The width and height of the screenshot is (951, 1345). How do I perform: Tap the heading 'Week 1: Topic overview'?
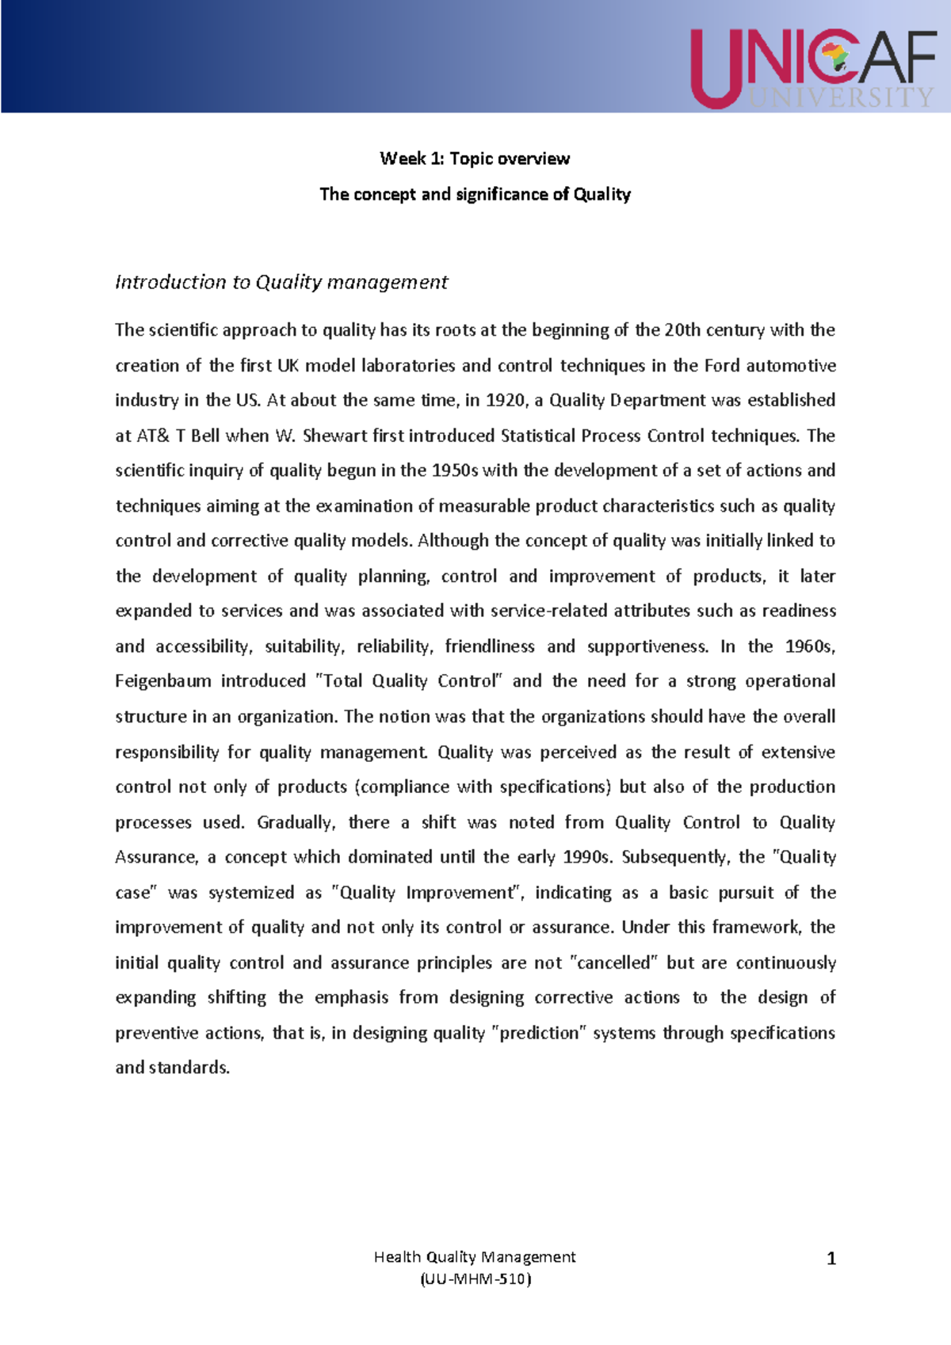pyautogui.click(x=475, y=158)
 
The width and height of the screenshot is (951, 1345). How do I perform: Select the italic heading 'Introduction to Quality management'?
pyautogui.click(x=281, y=282)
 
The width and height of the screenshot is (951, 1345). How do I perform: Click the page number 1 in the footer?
pyautogui.click(x=831, y=1259)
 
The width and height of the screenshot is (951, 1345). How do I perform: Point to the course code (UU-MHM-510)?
pyautogui.click(x=475, y=1278)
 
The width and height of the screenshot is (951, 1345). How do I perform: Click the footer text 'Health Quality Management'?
pyautogui.click(x=475, y=1256)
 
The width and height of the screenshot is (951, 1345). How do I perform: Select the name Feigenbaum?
pyautogui.click(x=163, y=681)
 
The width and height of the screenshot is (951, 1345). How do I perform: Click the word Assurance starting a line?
pyautogui.click(x=155, y=857)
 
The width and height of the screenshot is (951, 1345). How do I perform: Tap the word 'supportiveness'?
pyautogui.click(x=647, y=646)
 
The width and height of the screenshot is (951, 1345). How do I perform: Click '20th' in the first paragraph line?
pyautogui.click(x=682, y=330)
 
